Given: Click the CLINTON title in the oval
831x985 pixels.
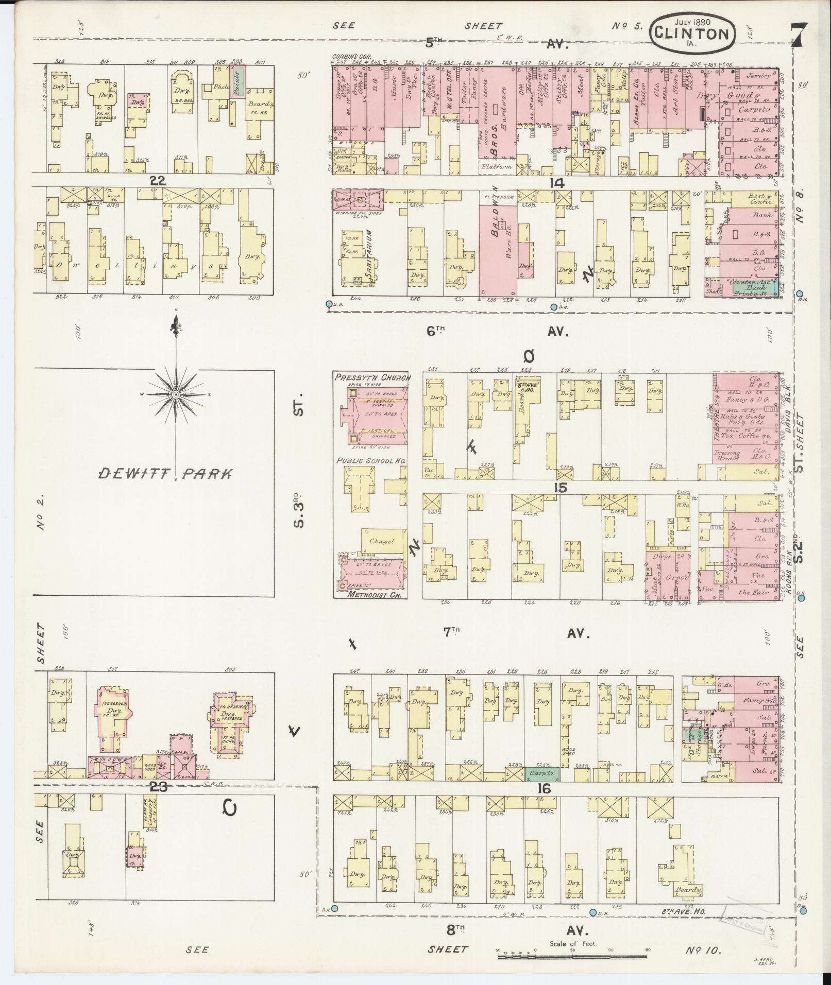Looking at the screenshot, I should [692, 34].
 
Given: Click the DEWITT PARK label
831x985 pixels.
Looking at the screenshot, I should [164, 474].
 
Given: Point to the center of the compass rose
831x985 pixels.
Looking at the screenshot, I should [176, 394].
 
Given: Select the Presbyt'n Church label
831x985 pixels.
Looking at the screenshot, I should [372, 377].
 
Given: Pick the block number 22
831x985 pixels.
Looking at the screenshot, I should [157, 180].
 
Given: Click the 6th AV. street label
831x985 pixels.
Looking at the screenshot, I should [497, 332].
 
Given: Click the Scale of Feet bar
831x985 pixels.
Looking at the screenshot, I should [572, 956].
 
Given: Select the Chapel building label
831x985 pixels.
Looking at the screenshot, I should [381, 541].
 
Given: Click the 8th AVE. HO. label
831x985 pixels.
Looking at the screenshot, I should [683, 911].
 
